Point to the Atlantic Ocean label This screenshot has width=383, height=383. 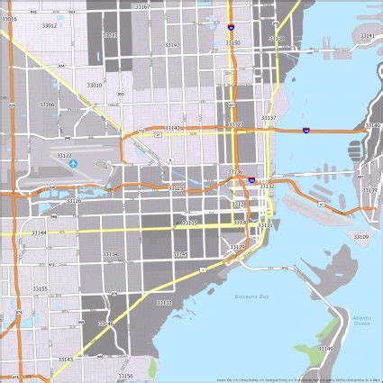click(x=362, y=320)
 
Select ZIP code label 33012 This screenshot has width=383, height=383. click(x=49, y=26)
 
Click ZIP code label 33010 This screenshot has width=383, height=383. click(x=94, y=85)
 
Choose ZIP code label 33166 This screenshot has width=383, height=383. click(x=47, y=104)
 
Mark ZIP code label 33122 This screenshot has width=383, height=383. click(x=64, y=155)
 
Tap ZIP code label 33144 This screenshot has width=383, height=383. click(x=39, y=233)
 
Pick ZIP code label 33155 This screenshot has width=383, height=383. click(x=40, y=288)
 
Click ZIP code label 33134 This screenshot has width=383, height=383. click(x=110, y=254)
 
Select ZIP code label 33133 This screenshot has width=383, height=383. click(x=164, y=303)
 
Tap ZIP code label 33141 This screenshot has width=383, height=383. click(x=367, y=36)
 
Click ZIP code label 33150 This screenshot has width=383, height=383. click(x=233, y=42)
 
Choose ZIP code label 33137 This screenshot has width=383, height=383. click(x=269, y=118)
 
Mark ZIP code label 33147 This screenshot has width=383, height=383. click(x=171, y=45)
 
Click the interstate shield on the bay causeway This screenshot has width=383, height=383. click(x=306, y=131)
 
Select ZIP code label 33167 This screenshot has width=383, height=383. click(x=142, y=6)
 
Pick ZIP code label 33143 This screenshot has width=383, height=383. click(x=66, y=359)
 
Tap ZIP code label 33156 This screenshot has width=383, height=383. click(x=125, y=376)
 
